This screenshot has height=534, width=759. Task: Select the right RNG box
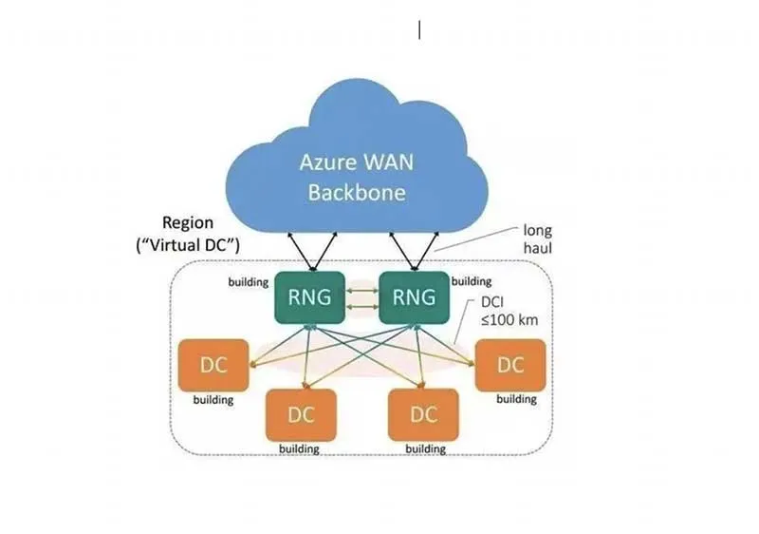[x=413, y=297]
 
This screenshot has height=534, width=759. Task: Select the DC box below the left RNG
[x=301, y=414]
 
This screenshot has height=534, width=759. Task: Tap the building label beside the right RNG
[x=472, y=281]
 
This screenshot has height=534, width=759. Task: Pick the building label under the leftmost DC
[x=213, y=400]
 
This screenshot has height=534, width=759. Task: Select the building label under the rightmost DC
[x=515, y=399]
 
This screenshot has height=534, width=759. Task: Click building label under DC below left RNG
[x=299, y=448]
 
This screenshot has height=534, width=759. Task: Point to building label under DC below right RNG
[x=425, y=448]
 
